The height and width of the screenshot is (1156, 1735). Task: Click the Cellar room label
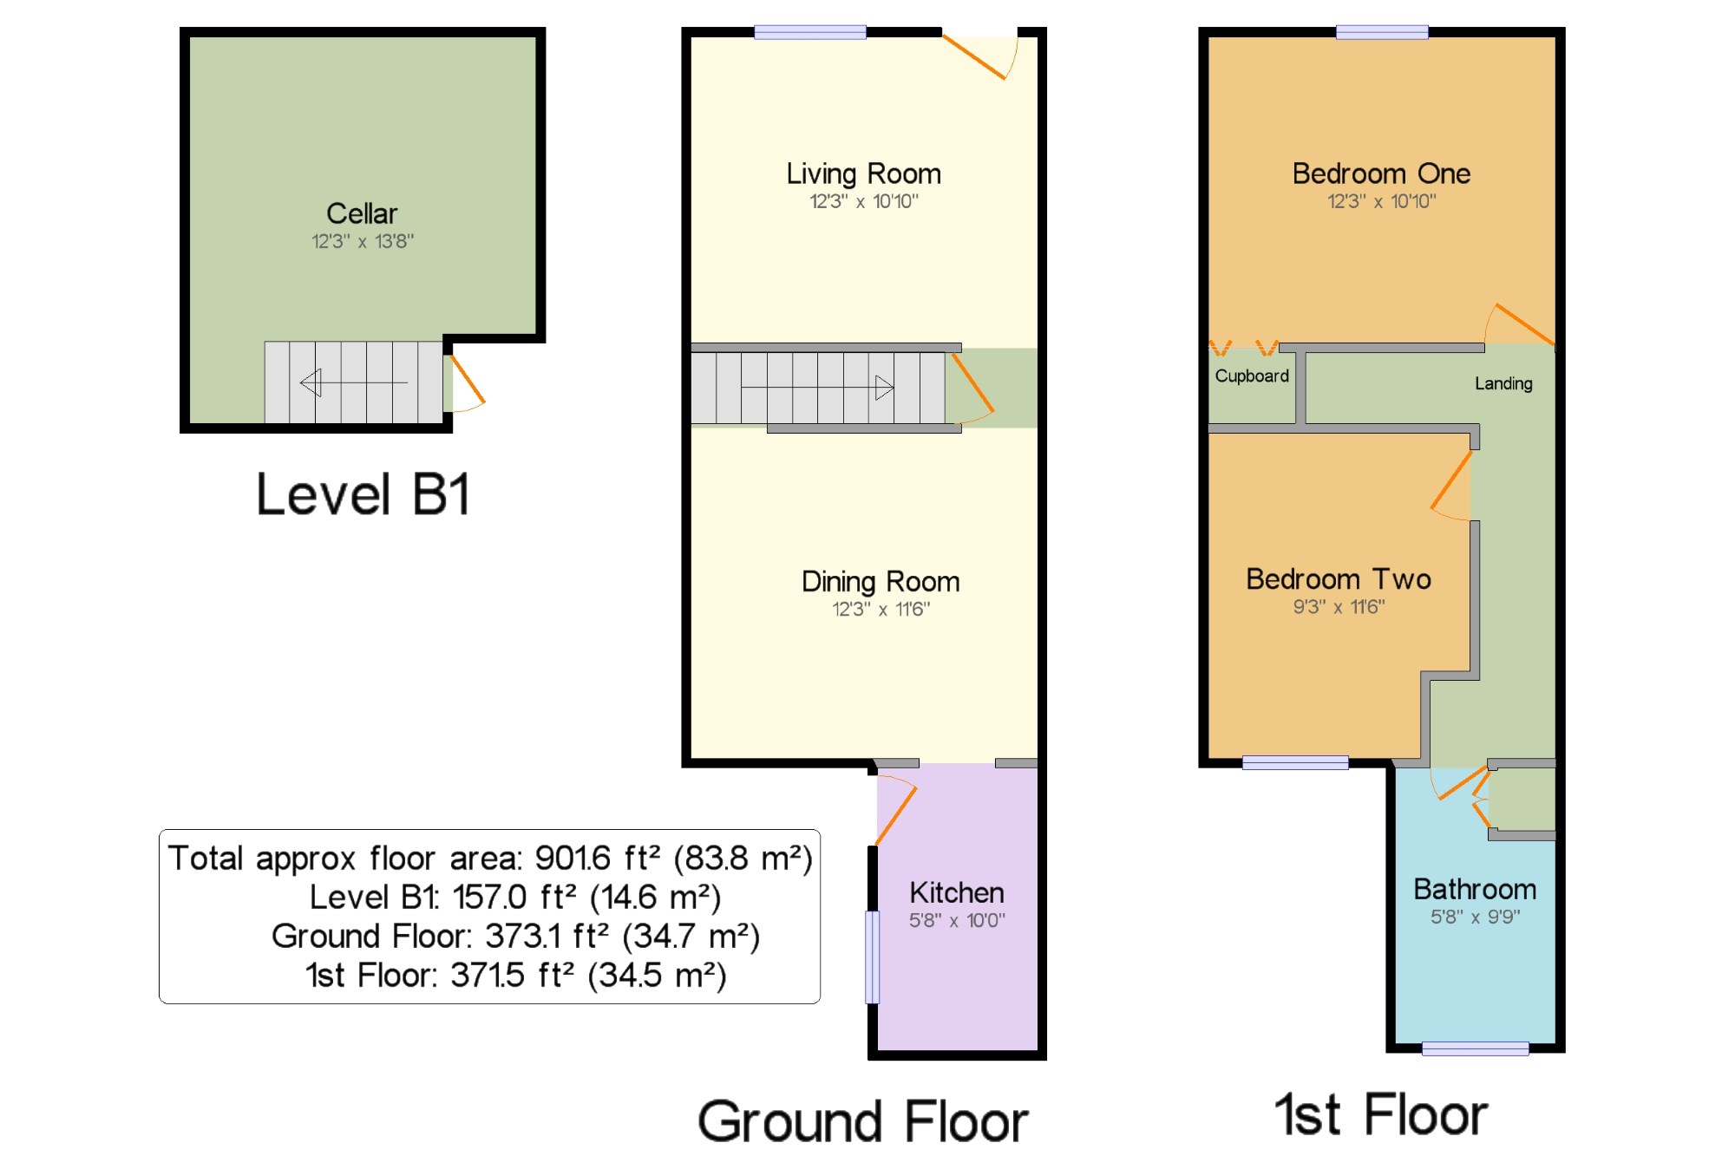point(362,213)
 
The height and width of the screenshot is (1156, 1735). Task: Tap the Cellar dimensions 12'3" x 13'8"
point(363,241)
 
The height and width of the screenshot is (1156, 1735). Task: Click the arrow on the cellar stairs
point(354,382)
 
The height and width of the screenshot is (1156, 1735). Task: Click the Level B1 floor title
point(363,494)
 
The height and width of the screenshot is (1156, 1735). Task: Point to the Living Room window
point(809,33)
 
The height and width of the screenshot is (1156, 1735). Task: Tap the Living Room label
point(863,173)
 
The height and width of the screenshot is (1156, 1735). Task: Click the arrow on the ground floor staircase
point(817,388)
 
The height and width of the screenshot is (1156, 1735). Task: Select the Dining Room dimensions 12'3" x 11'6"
point(881,609)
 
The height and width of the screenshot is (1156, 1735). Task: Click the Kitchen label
point(956,892)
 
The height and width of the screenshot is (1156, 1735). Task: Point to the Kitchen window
point(873,957)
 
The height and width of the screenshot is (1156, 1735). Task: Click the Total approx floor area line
point(490,859)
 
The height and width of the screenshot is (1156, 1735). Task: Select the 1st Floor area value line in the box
point(515,976)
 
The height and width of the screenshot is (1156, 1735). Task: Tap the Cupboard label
point(1252,376)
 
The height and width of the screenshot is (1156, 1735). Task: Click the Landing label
point(1503,383)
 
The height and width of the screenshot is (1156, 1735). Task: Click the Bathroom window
point(1475,1048)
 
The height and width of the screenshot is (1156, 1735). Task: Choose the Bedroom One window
point(1382,33)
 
